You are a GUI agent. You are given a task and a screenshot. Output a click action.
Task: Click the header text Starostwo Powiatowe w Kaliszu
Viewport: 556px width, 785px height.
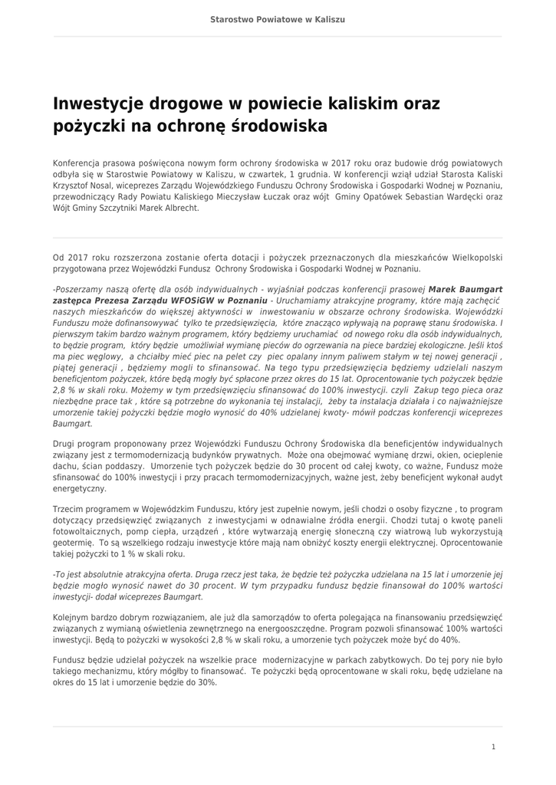(x=278, y=18)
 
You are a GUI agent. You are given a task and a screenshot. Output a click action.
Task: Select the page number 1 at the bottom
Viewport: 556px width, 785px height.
(x=493, y=747)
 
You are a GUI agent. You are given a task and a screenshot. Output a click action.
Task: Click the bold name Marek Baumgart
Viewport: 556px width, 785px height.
(x=465, y=291)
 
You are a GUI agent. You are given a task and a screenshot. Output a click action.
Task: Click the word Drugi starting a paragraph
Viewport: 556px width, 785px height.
(x=65, y=443)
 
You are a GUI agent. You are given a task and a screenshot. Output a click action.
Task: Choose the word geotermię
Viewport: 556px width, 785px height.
(x=74, y=541)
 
